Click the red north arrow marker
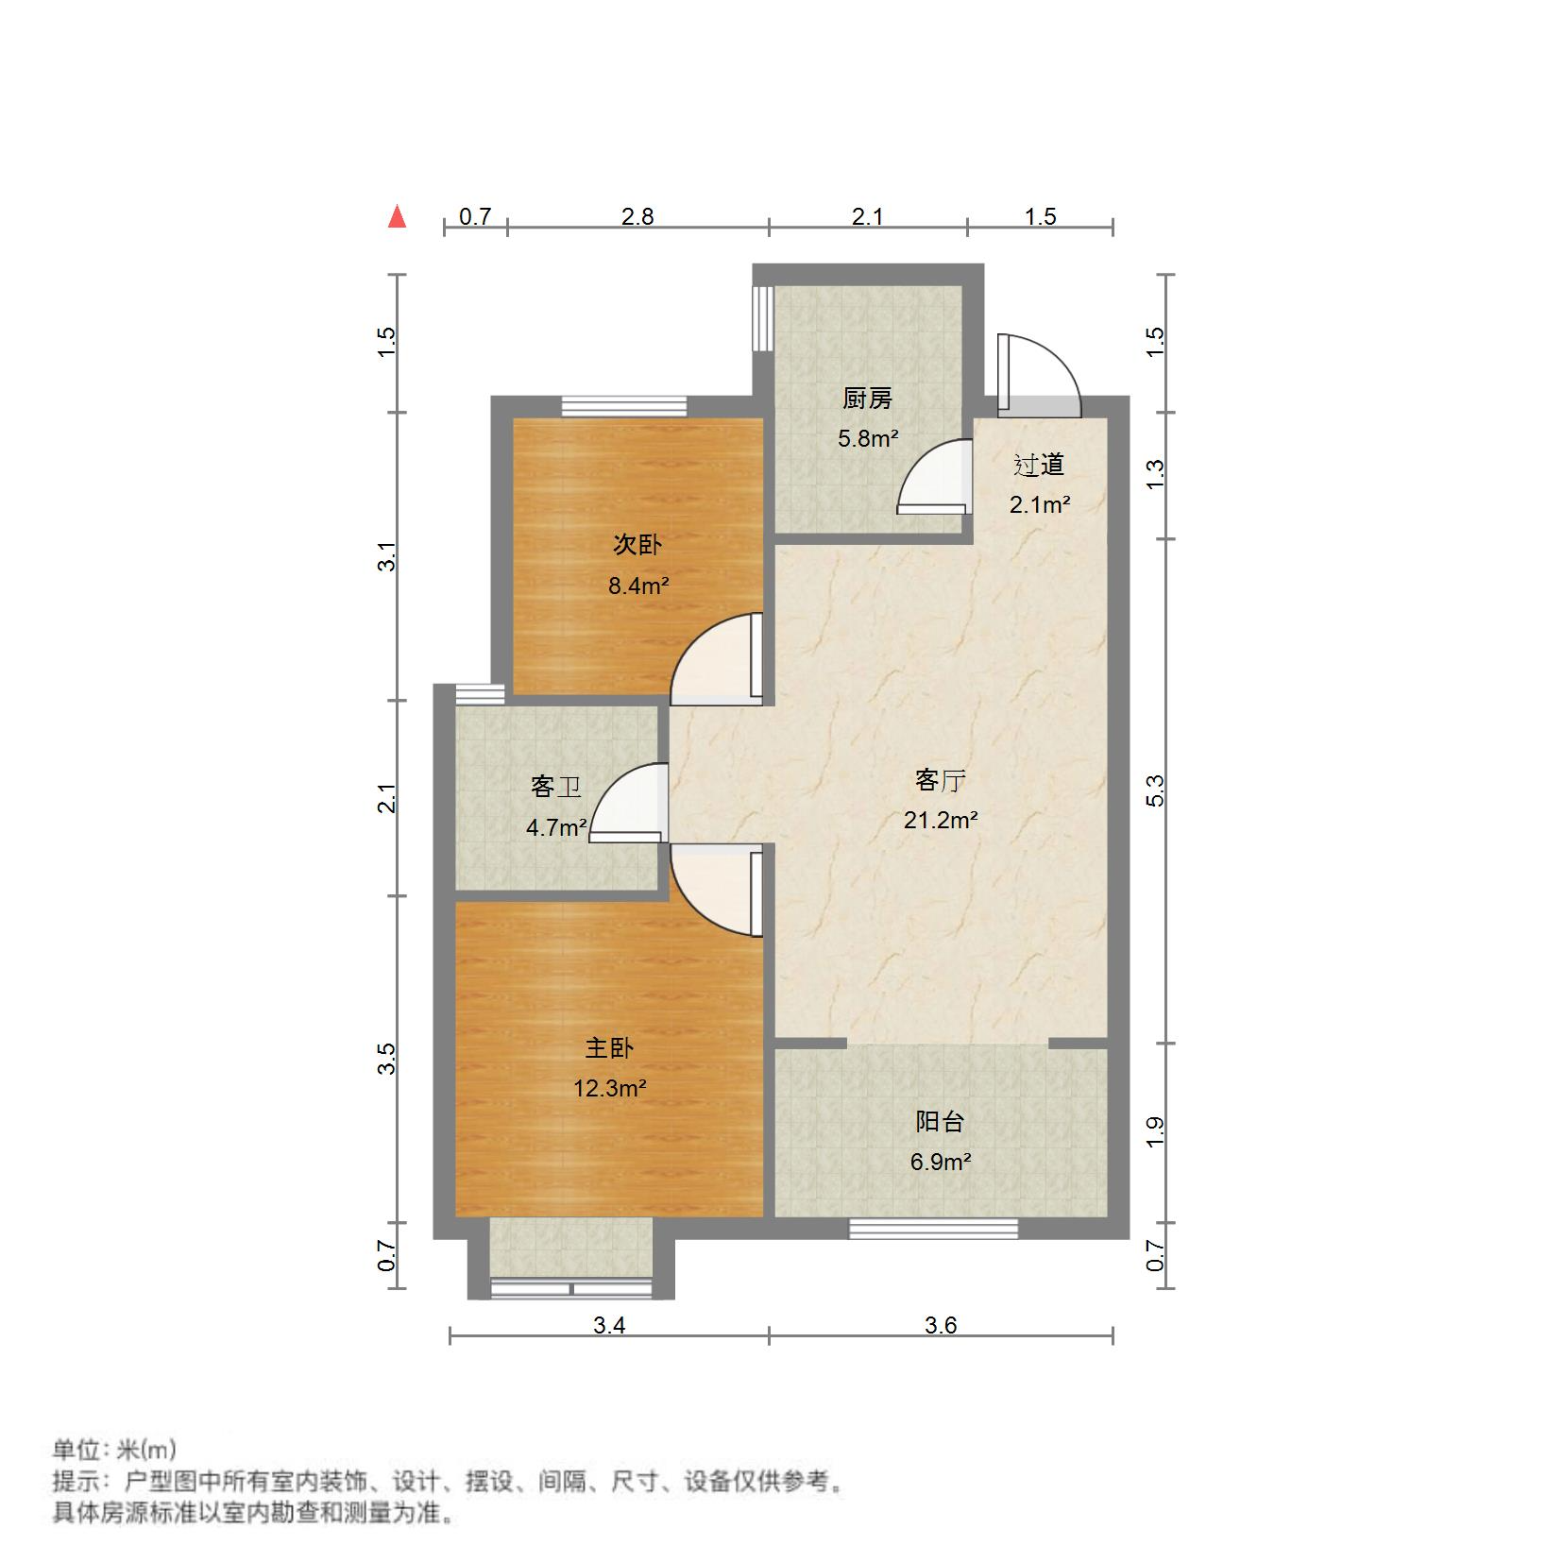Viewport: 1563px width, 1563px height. tap(398, 217)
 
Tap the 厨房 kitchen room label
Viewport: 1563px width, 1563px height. tap(867, 399)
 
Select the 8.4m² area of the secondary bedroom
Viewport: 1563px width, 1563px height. tap(638, 586)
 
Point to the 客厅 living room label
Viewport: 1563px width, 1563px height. tap(940, 780)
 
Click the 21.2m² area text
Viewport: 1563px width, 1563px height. tap(940, 820)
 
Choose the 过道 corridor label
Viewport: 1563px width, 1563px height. tap(1039, 465)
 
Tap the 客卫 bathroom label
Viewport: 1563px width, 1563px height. tap(555, 787)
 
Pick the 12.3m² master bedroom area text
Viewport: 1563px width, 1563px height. tap(609, 1088)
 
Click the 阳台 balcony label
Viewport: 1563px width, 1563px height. tap(940, 1122)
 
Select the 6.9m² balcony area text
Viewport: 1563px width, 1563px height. tap(940, 1162)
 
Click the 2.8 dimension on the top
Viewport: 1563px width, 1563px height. tap(637, 216)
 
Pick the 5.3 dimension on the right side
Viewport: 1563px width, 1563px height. tap(1155, 790)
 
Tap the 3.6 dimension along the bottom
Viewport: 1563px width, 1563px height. tap(941, 1325)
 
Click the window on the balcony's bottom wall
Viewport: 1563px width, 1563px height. tap(933, 1228)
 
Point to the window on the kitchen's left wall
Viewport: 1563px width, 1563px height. tap(761, 318)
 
